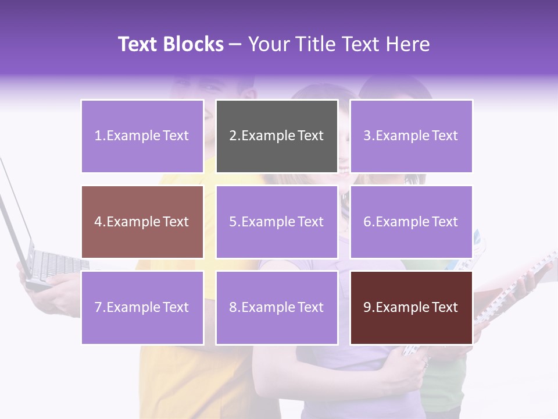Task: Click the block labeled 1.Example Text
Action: tap(142, 136)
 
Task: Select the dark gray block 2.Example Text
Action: tap(277, 136)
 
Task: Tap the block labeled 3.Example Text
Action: tap(411, 136)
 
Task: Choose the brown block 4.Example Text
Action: tap(142, 222)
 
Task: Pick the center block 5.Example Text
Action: tap(277, 222)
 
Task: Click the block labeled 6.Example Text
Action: tap(411, 222)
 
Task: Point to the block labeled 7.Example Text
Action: tap(142, 307)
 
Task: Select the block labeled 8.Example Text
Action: tap(277, 307)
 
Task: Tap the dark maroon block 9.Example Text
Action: tap(411, 307)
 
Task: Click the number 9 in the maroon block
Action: tap(367, 307)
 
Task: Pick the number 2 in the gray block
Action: tap(233, 136)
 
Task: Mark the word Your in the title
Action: tap(268, 44)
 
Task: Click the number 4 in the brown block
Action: tap(98, 222)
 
